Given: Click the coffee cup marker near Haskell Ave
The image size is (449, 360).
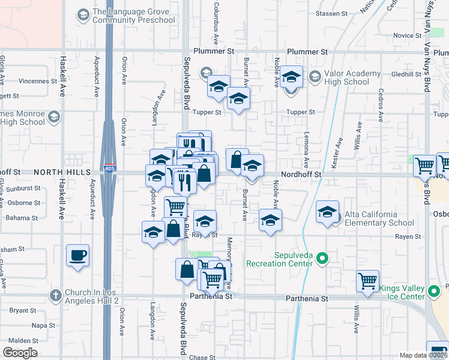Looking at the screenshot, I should click(x=78, y=255).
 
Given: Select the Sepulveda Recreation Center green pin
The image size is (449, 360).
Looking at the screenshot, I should click(x=322, y=259).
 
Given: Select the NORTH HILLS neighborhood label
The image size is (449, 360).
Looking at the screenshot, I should click(x=57, y=172).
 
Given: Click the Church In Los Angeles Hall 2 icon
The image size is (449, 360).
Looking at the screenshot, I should click(x=55, y=295).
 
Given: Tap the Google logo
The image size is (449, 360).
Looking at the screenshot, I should click(x=20, y=353).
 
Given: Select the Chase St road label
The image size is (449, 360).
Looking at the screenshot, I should click(x=202, y=358).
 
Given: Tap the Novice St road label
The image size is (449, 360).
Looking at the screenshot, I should click(x=407, y=35).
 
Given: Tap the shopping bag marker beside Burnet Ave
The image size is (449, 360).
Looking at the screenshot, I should click(x=237, y=160).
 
